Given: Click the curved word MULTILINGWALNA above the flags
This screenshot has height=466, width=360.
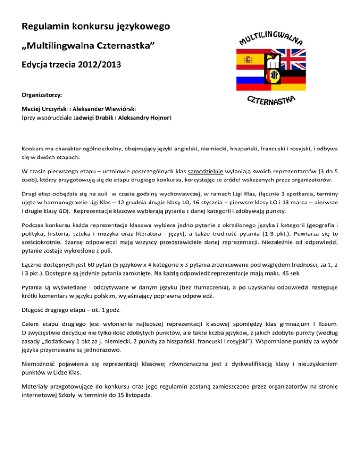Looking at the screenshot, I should (272, 37).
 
